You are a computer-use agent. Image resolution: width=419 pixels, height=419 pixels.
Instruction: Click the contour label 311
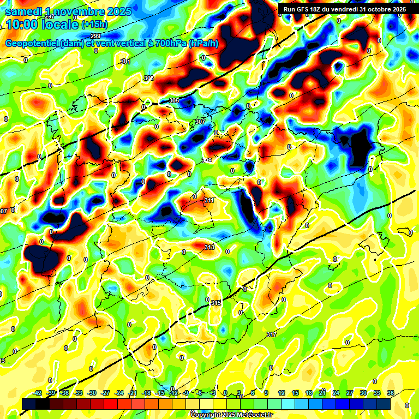point(209,200)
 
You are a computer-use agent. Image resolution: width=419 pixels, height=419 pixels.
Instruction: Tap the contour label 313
point(209,248)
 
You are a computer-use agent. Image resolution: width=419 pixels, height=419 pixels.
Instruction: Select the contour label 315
point(216,302)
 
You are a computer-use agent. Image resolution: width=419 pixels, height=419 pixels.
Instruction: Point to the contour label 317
point(272,334)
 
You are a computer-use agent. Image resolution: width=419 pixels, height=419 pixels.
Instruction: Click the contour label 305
point(174,100)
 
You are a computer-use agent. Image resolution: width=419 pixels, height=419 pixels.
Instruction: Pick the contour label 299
point(96,36)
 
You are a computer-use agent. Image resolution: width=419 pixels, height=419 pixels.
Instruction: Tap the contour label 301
point(126,62)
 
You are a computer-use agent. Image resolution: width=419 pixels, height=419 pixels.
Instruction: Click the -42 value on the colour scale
point(37,393)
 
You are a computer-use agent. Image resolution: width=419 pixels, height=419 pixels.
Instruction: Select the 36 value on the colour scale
point(391,393)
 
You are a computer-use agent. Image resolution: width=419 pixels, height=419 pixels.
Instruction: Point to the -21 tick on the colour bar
point(133,393)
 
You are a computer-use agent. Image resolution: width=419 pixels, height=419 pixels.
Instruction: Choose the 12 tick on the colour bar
point(282,393)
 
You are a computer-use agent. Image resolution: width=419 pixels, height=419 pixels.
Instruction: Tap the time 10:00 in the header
point(21,25)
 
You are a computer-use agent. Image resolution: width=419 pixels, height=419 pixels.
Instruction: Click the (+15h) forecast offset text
point(94,25)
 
